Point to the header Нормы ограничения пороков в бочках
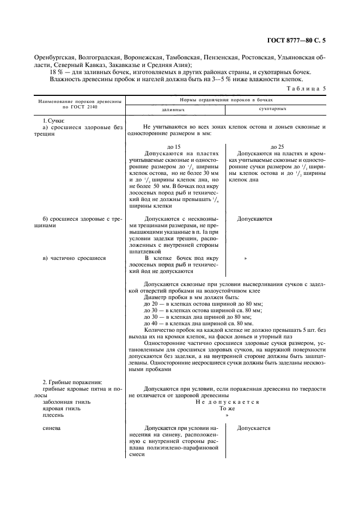(x=226, y=100)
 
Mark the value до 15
(x=174, y=147)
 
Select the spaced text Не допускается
(x=227, y=402)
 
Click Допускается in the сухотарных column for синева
(x=254, y=428)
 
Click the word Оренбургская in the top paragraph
(x=55, y=57)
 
